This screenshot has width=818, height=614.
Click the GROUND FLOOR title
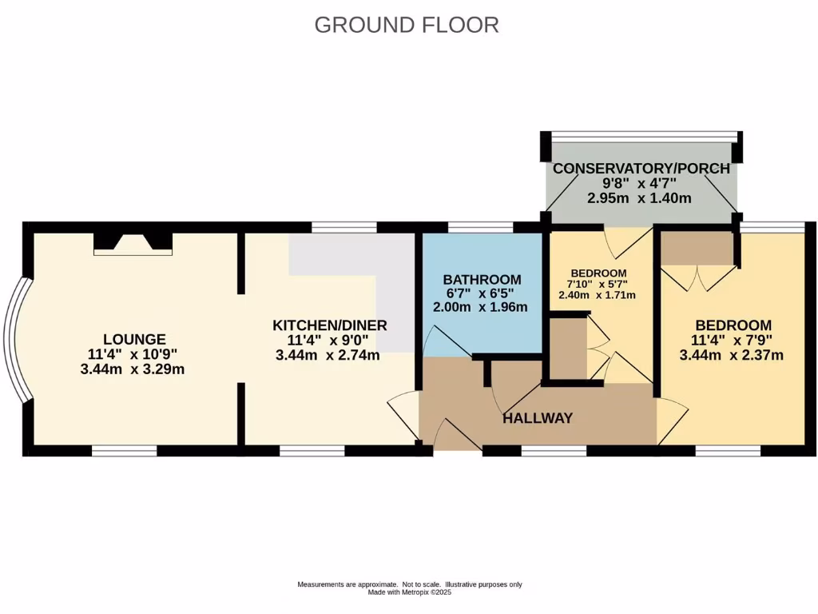(407, 25)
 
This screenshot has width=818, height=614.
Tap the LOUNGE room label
(134, 339)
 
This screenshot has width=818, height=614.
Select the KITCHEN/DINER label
(330, 325)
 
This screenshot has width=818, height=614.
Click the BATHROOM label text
(482, 280)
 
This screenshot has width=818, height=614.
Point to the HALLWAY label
(538, 418)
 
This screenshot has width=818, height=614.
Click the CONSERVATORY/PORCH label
(641, 169)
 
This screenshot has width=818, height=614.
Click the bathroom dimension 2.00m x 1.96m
(482, 308)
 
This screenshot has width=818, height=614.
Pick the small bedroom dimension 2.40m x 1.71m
(597, 294)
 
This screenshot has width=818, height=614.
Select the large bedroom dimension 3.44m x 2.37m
(733, 355)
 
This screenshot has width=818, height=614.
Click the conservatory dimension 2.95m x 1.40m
(641, 198)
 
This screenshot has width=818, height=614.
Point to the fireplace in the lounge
(133, 242)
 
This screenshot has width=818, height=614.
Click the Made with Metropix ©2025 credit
(409, 592)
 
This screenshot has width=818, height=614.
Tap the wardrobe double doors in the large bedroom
(697, 277)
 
